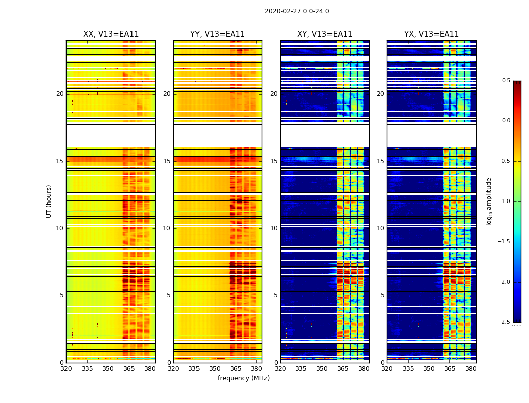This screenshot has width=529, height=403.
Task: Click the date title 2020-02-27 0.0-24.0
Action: [297, 11]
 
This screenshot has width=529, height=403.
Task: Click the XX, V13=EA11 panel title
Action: [111, 34]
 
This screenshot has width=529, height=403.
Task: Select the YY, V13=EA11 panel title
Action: [218, 34]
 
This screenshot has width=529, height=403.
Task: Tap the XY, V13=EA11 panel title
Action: [324, 34]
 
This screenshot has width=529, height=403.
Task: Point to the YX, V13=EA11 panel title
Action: [431, 34]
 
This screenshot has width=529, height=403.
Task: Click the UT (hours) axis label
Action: [49, 201]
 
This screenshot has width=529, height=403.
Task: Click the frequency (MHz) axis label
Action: [243, 378]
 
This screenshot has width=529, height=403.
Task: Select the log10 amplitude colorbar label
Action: [489, 201]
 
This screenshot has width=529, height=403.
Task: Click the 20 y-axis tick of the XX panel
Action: [60, 94]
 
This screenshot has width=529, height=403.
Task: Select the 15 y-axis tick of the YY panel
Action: [167, 161]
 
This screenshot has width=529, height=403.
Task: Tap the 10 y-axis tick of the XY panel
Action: [274, 228]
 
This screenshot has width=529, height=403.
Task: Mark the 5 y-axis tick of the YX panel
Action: [382, 295]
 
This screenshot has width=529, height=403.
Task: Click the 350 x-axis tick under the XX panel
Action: [108, 369]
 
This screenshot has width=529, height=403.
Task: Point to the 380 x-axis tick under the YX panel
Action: [471, 369]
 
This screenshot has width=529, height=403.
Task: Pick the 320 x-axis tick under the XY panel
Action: [280, 369]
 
